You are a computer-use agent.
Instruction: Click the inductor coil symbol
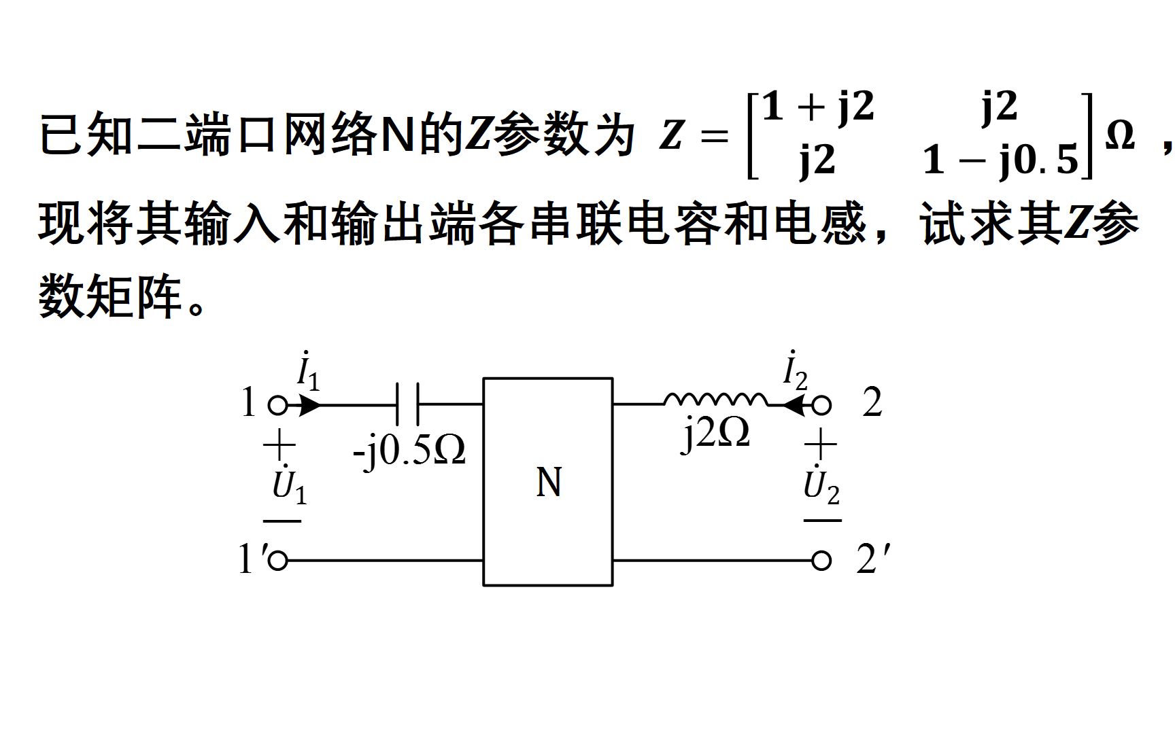point(715,400)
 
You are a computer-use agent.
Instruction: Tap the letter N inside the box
point(549,483)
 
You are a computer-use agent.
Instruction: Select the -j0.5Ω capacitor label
point(409,450)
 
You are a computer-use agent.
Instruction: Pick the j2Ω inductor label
point(716,433)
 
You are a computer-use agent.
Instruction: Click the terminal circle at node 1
point(277,406)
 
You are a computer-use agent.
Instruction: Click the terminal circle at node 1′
point(277,561)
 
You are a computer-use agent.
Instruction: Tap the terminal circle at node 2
point(822,406)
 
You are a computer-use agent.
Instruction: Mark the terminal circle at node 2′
point(822,561)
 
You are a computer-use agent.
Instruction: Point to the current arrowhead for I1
point(309,406)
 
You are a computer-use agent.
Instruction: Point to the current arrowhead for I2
point(793,406)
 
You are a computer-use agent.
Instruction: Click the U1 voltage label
point(289,485)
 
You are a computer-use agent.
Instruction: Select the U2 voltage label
point(821,485)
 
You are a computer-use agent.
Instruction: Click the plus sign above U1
point(279,447)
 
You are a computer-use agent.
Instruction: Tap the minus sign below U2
point(822,521)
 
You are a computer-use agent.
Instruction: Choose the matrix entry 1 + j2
point(817,107)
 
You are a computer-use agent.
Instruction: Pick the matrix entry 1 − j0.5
point(1001,160)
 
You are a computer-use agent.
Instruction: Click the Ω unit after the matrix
point(1120,135)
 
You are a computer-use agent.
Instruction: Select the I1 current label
point(308,372)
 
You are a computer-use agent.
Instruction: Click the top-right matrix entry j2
point(1000,107)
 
